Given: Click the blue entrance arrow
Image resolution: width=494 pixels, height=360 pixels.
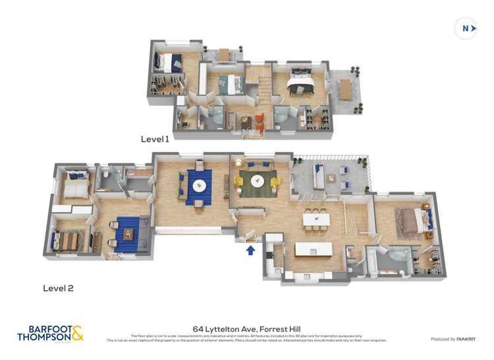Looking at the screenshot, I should click(x=250, y=249).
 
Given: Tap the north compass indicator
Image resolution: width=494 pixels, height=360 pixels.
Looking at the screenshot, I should click(x=466, y=28).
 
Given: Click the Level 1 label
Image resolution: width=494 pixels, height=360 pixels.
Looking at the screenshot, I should click(x=155, y=139).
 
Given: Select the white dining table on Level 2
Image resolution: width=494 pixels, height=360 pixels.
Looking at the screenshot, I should click(x=316, y=217).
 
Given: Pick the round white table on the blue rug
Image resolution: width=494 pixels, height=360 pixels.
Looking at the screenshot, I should click(x=200, y=185).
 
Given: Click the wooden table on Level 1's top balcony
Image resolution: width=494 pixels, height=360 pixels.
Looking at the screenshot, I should click(x=225, y=55).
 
